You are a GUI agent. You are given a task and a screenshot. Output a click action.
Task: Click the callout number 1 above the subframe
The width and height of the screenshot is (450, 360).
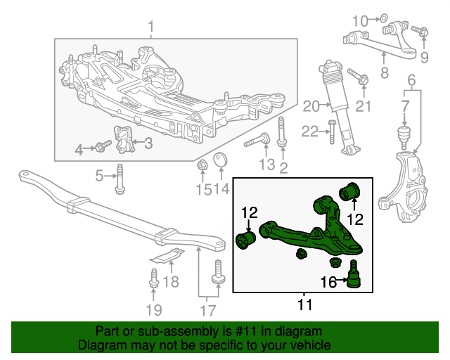point(150,27)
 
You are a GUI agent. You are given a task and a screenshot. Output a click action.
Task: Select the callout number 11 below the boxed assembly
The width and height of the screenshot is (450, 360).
point(304,305)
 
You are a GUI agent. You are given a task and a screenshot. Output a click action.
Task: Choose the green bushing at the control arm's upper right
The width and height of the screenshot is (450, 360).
point(349,190)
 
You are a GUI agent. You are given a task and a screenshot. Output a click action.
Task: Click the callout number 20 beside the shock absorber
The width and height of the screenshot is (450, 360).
point(310,107)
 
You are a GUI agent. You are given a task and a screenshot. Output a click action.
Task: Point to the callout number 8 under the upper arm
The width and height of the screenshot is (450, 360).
point(385,72)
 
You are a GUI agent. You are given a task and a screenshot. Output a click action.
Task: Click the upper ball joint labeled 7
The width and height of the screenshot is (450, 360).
point(404,134)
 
